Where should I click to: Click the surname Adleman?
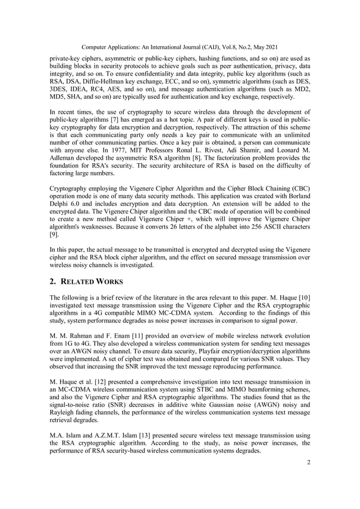tap(64, 159)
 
